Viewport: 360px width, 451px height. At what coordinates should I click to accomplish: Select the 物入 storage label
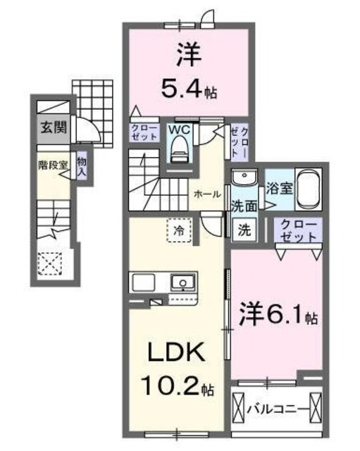coord(82,166)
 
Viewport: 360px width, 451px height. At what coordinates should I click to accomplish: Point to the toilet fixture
coord(180,147)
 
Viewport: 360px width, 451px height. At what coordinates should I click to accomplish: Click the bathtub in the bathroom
coord(309,188)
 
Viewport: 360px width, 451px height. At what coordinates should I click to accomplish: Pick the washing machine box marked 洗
coord(244,229)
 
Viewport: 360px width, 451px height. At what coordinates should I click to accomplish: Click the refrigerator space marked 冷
coord(179,230)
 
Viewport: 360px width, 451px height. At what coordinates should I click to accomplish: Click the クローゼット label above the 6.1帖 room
coord(296,230)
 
